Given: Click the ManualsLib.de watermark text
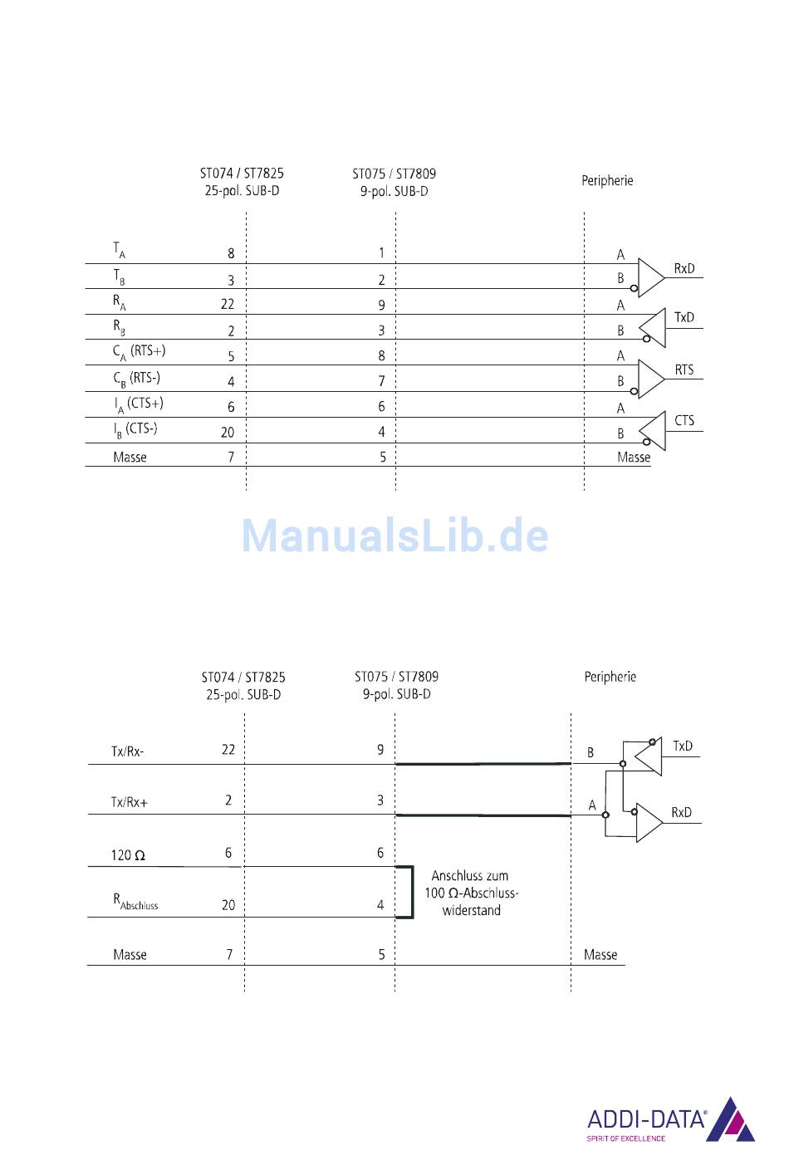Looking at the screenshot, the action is pyautogui.click(x=394, y=536).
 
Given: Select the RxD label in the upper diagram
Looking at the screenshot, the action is pyautogui.click(x=684, y=268).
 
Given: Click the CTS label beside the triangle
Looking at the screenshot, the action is pyautogui.click(x=684, y=420).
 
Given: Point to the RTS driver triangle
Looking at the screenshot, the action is pyautogui.click(x=651, y=379).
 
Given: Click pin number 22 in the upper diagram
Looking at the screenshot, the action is pyautogui.click(x=228, y=304).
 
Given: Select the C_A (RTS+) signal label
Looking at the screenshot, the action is pyautogui.click(x=140, y=352).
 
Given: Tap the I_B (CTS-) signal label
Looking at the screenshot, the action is pyautogui.click(x=135, y=429).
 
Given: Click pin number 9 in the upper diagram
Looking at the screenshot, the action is pyautogui.click(x=382, y=305).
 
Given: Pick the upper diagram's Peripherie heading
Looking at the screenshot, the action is pyautogui.click(x=607, y=180).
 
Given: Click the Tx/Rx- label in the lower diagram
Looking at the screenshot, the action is pyautogui.click(x=128, y=751).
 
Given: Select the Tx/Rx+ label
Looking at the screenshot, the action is pyautogui.click(x=130, y=802).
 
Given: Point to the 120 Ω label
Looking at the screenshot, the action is pyautogui.click(x=129, y=855).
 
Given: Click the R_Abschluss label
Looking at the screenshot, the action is pyautogui.click(x=135, y=902).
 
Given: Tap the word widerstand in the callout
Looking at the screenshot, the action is pyautogui.click(x=471, y=910).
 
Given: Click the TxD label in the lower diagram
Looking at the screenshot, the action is pyautogui.click(x=683, y=746).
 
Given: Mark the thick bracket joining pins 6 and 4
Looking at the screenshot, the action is pyautogui.click(x=409, y=892).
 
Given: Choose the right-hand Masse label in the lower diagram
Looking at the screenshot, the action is pyautogui.click(x=600, y=955).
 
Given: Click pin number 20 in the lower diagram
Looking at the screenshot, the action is pyautogui.click(x=228, y=905).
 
